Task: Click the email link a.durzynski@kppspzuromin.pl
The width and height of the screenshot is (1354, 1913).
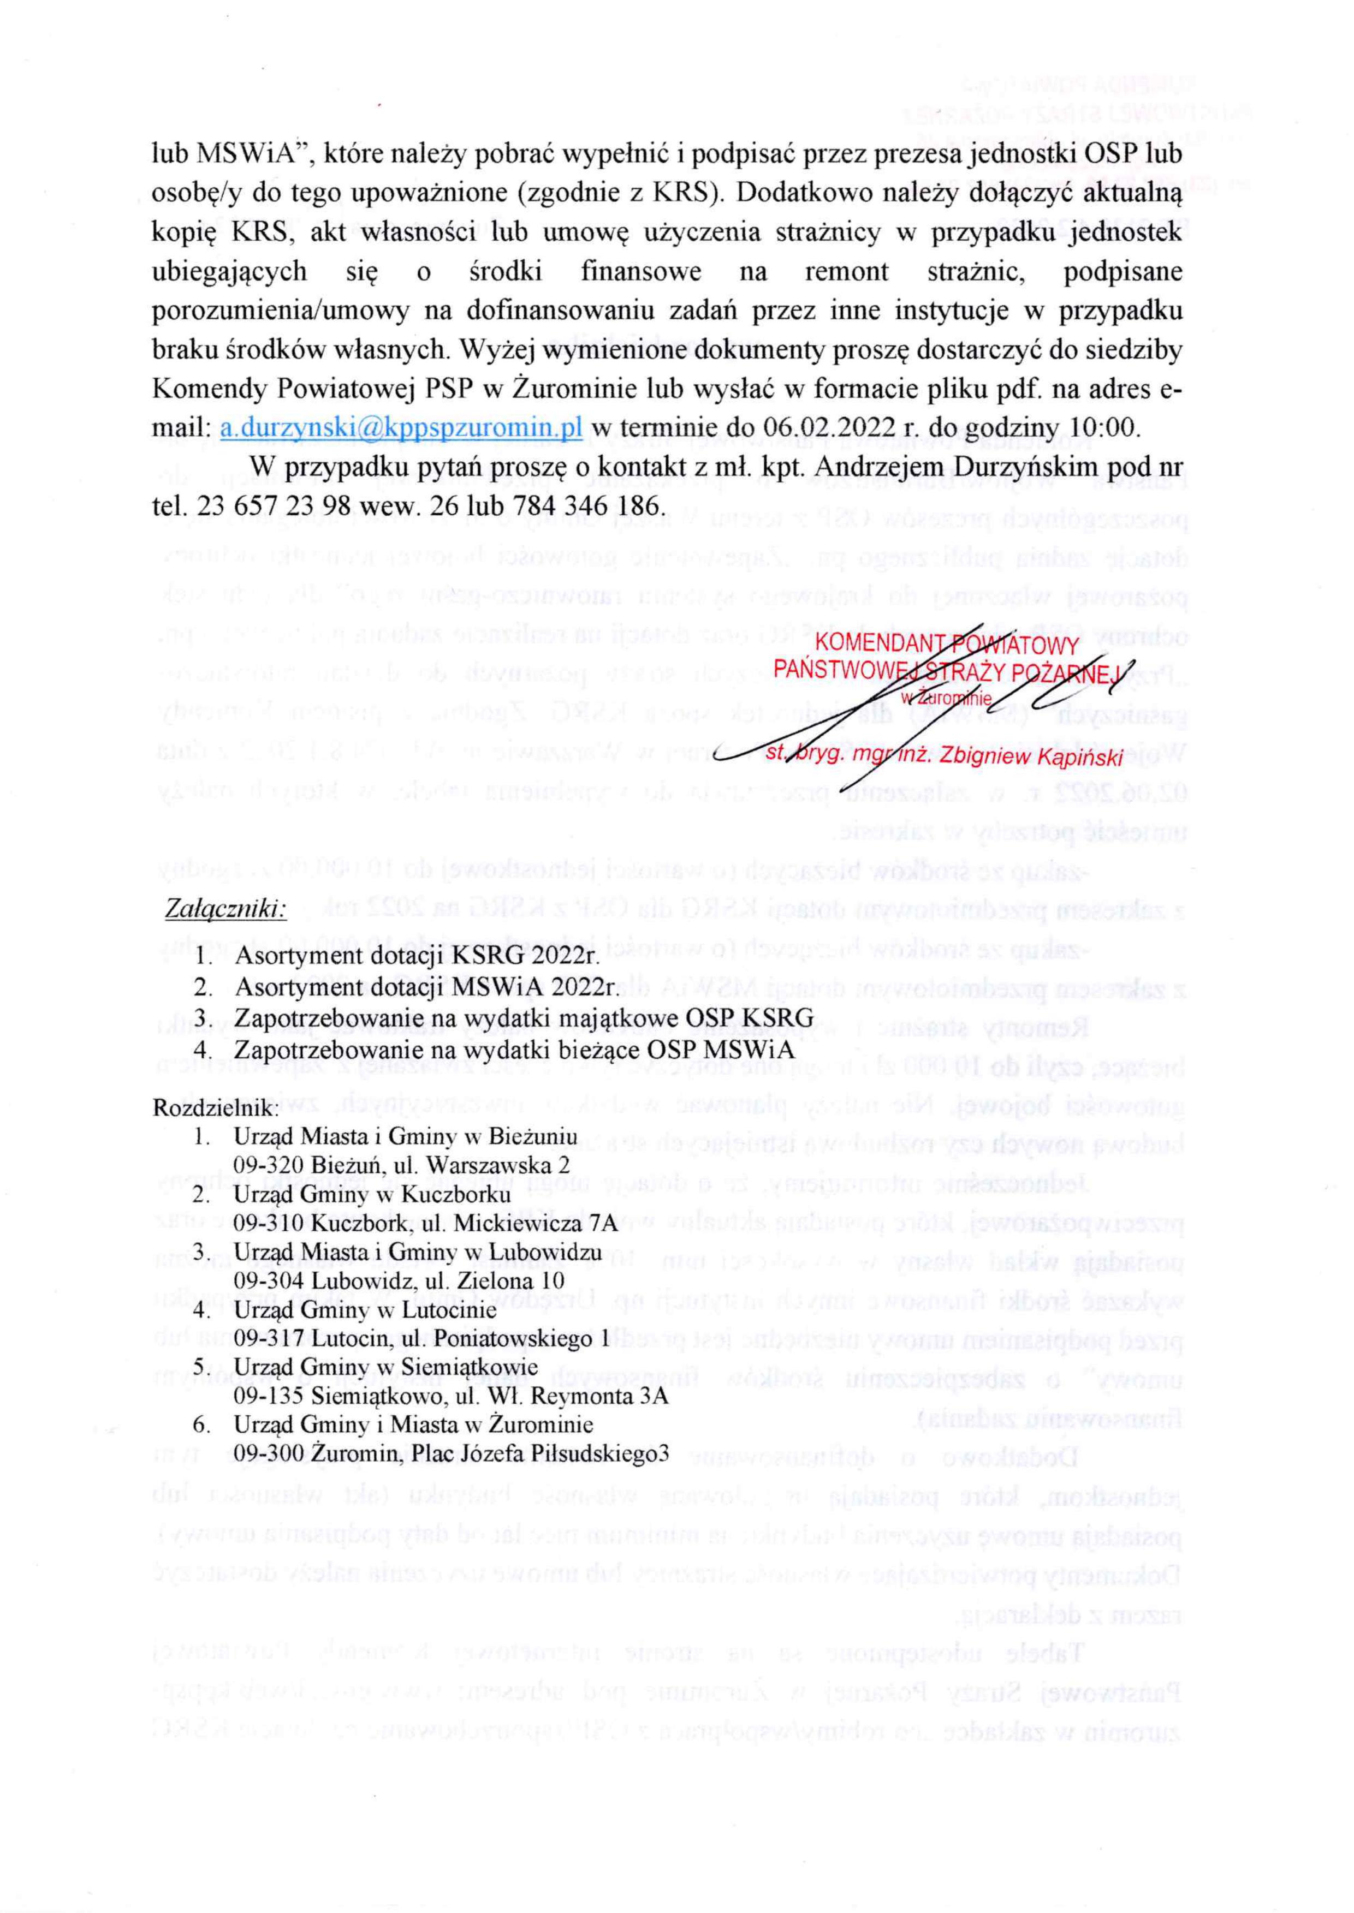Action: tap(401, 427)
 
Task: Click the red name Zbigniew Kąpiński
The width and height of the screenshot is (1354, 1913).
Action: tap(1030, 755)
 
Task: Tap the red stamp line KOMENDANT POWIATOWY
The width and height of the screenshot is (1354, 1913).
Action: tap(946, 645)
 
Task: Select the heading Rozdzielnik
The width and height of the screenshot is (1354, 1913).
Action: tap(214, 1108)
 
